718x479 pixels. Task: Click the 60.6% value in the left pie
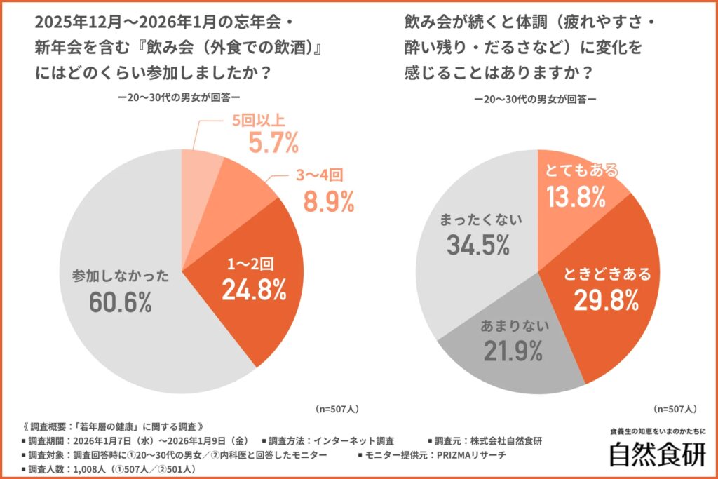(x=121, y=302)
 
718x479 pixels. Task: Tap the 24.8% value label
(x=254, y=289)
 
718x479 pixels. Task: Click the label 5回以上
(x=259, y=120)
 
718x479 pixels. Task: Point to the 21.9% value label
(x=512, y=350)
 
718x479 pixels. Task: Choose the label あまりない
(x=513, y=325)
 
